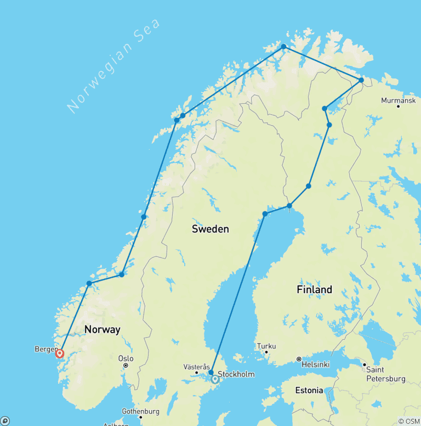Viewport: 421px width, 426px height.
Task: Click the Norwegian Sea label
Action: [x=115, y=65]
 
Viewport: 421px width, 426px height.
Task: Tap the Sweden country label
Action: [x=210, y=229]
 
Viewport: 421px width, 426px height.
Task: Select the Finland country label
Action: [x=314, y=289]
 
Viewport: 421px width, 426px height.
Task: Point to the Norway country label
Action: [x=102, y=329]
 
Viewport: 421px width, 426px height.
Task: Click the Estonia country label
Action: [x=309, y=390]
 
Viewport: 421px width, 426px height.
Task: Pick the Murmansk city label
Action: [x=398, y=100]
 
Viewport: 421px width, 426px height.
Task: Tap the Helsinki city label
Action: [x=319, y=364]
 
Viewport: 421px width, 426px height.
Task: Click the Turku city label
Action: [x=266, y=346]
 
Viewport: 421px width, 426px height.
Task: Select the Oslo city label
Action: [x=126, y=358]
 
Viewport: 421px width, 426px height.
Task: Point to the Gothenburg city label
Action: [x=141, y=411]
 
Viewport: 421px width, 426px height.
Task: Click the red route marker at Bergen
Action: [x=60, y=354]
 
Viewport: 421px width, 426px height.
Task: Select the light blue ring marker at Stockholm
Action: [x=215, y=379]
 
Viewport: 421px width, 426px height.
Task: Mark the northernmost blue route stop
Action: [x=283, y=47]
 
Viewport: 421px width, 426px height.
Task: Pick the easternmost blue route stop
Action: [x=361, y=81]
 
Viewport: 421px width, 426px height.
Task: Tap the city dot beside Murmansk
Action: [x=398, y=106]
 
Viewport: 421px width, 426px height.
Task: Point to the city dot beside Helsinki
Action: [x=299, y=359]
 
